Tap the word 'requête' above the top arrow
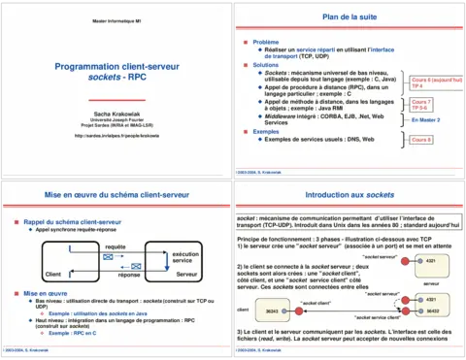point(115,248)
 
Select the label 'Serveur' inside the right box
point(187,276)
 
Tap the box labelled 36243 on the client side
point(272,311)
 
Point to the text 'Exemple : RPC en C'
point(73,332)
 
